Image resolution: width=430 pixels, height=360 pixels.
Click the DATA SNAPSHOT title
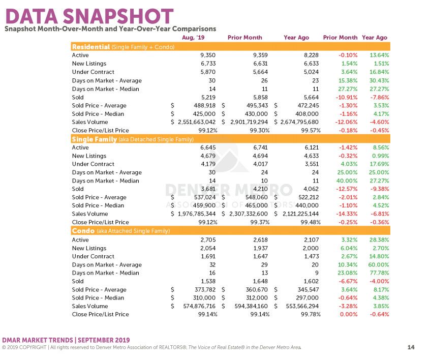(89, 16)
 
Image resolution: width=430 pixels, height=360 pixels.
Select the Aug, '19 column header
(193, 38)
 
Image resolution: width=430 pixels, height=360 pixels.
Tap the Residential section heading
(91, 47)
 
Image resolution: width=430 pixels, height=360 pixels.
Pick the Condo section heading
(83, 231)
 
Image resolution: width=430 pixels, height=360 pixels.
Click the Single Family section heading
(95, 139)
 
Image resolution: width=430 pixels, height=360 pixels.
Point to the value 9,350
(208, 55)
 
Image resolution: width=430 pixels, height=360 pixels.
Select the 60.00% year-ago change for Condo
(379, 265)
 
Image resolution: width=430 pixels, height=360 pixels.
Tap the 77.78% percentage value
(379, 273)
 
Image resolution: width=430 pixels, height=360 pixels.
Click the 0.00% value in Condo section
(349, 314)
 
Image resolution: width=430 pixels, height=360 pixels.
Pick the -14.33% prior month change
(347, 214)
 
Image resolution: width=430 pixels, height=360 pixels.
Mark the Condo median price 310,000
(204, 298)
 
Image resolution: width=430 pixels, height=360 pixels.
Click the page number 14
(411, 347)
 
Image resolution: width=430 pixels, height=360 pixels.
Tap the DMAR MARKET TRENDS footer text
(38, 340)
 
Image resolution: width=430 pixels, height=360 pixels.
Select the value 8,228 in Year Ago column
(311, 55)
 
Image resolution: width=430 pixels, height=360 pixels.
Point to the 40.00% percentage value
(347, 181)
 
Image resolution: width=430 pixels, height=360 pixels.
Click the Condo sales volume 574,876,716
(199, 306)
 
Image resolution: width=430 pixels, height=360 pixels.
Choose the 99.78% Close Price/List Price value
(311, 314)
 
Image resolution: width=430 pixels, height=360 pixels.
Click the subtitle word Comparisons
(194, 29)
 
